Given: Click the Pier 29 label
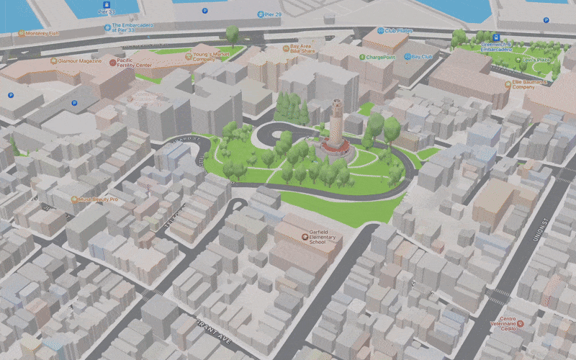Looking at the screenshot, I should [271, 14].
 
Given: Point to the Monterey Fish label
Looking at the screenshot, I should [43, 33].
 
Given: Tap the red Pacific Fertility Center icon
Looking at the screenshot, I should [112, 63].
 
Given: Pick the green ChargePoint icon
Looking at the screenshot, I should [361, 56].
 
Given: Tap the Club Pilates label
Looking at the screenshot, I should [397, 31].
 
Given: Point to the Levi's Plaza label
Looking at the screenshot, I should [536, 60].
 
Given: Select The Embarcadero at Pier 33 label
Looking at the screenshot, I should [134, 29].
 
